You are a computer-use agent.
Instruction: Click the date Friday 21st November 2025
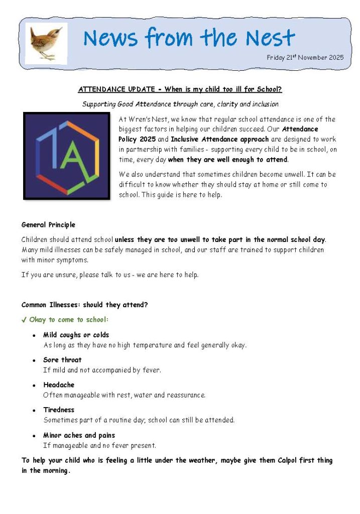(x=305, y=58)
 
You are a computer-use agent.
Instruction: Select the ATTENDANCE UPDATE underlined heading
(x=180, y=90)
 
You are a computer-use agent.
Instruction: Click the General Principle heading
(x=48, y=225)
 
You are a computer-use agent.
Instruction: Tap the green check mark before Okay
(x=24, y=320)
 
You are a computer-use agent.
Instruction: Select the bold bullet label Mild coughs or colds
(x=76, y=335)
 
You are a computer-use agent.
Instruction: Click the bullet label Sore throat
(x=62, y=360)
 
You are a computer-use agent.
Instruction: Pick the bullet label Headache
(x=59, y=385)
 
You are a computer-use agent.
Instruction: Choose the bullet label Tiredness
(x=59, y=410)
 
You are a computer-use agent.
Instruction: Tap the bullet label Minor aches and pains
(x=79, y=435)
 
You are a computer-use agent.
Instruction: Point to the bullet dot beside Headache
(x=34, y=386)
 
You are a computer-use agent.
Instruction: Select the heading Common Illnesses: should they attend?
(x=84, y=305)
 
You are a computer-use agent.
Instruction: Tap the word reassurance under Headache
(x=185, y=395)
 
